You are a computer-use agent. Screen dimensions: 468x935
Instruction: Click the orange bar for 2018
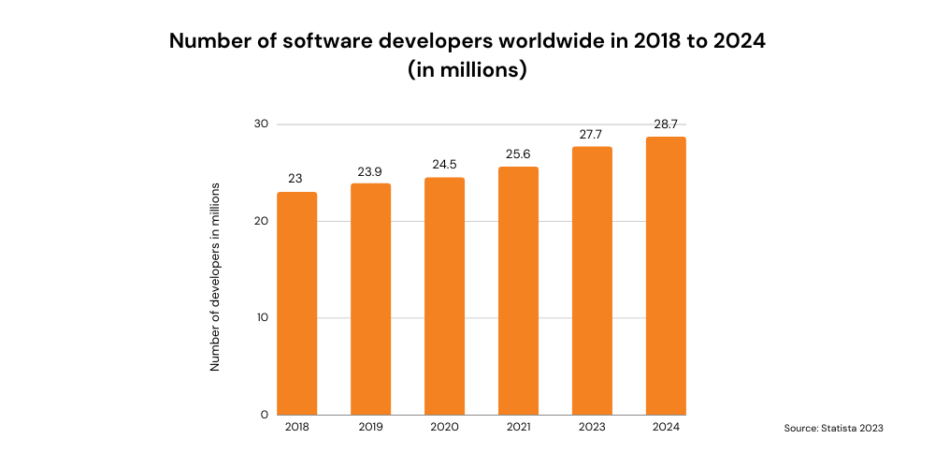point(296,303)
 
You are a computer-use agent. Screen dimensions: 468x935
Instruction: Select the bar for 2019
point(371,299)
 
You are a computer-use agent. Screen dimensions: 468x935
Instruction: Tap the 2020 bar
point(444,296)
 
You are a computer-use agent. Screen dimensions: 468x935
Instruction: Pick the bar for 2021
point(518,290)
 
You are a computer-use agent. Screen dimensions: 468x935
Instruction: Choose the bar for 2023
point(592,280)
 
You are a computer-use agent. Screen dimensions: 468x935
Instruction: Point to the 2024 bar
point(666,275)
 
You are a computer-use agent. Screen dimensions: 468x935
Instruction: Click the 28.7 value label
point(666,124)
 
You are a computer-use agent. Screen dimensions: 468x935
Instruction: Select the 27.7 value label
point(592,135)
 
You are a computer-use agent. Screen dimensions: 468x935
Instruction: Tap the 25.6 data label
point(518,154)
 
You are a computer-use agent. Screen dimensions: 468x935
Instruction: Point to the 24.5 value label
point(444,165)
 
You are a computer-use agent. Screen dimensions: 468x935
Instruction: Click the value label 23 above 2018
point(296,179)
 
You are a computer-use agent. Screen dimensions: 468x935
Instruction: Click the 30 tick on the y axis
point(261,124)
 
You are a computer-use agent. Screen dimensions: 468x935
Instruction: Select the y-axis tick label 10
point(262,317)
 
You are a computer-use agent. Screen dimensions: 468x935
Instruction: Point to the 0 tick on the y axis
point(265,414)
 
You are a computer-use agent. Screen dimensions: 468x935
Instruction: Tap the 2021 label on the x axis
point(518,428)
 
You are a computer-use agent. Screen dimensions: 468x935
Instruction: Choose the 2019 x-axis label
point(371,428)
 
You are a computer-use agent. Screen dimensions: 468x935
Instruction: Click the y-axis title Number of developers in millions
point(215,277)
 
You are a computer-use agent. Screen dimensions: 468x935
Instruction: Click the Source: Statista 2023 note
point(833,428)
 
